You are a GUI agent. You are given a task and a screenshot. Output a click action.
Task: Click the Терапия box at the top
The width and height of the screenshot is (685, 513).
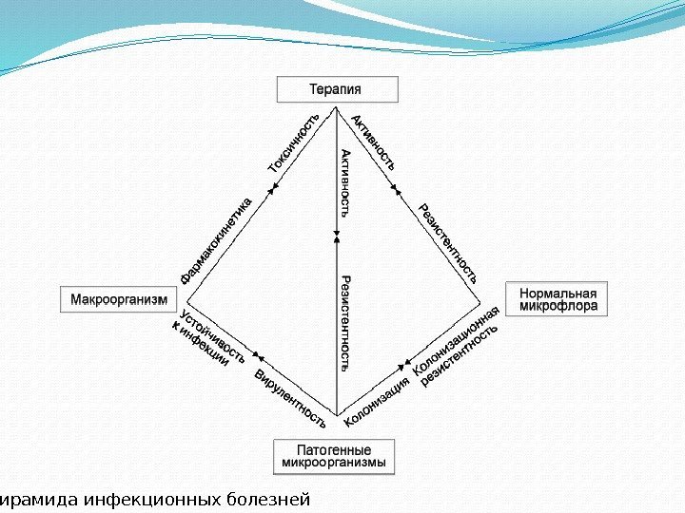pos(337,90)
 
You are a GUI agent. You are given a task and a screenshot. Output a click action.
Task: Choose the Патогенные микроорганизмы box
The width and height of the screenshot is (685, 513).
pos(335,456)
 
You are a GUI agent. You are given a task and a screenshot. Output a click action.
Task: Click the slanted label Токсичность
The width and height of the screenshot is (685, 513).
pos(295,142)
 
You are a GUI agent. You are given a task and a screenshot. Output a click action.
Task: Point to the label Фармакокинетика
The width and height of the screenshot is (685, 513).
pos(218,240)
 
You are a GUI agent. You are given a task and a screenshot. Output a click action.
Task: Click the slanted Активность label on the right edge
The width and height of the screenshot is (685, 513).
pos(374,142)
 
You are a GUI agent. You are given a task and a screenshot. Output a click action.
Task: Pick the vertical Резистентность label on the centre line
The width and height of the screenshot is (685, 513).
pos(345,323)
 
